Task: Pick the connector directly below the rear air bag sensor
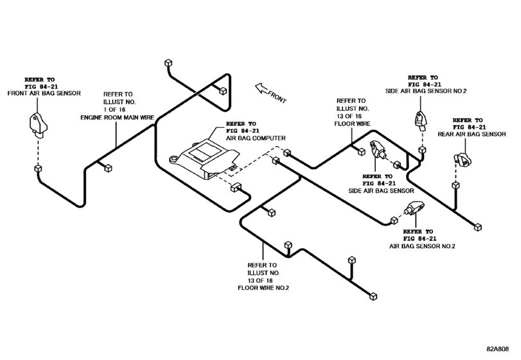coord(455,185)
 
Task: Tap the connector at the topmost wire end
coord(168,64)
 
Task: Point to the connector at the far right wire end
coord(477,226)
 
